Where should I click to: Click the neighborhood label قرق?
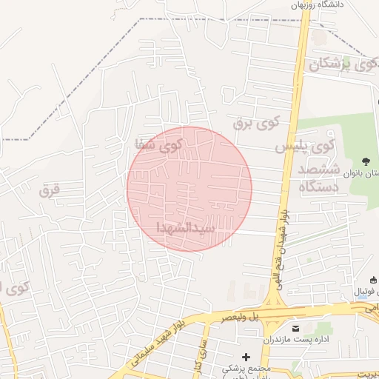coord(49,191)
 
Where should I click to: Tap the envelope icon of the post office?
coord(296,328)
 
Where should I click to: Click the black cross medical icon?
coord(246,357)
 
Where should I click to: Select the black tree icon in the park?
coord(366,161)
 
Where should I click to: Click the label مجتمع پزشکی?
coord(247,368)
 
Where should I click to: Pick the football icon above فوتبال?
coord(372,280)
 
